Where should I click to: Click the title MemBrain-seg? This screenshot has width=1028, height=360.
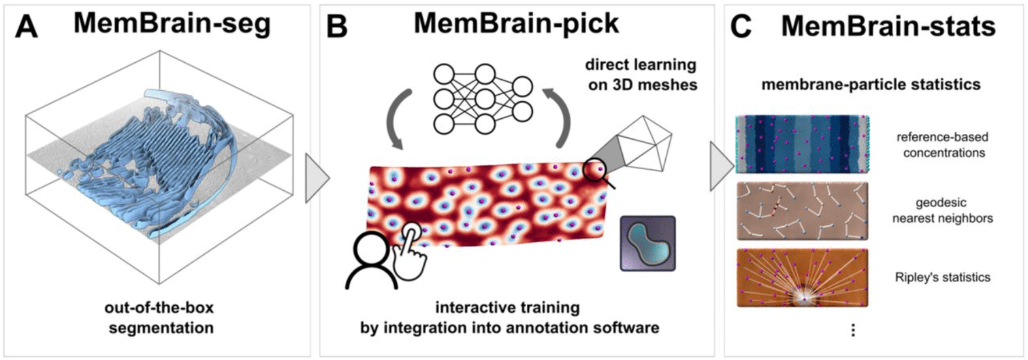point(172,24)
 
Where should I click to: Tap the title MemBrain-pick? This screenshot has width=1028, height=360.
point(516,24)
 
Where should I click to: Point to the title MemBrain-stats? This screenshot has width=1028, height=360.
point(888,26)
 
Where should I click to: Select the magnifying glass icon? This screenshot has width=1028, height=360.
point(598,172)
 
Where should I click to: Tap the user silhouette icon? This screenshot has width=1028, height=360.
point(371,262)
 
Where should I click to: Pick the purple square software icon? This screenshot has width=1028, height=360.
point(647,243)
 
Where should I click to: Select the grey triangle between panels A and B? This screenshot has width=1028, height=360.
point(316,177)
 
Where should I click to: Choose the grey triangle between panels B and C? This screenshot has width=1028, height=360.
point(720,166)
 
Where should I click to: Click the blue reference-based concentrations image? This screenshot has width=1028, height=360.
point(802,144)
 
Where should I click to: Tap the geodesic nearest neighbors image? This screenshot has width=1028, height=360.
point(802,211)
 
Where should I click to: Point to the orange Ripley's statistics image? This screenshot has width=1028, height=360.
point(802,277)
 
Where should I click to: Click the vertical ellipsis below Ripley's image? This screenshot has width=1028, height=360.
point(852,330)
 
